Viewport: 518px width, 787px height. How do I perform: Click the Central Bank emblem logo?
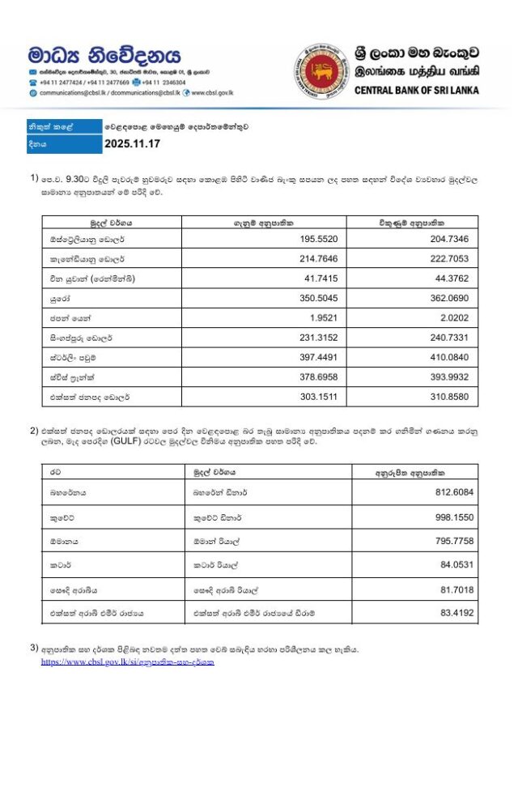click(320, 70)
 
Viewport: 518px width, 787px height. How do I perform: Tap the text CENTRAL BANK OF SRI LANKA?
click(416, 90)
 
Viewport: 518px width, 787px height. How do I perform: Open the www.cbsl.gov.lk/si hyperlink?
click(128, 662)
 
